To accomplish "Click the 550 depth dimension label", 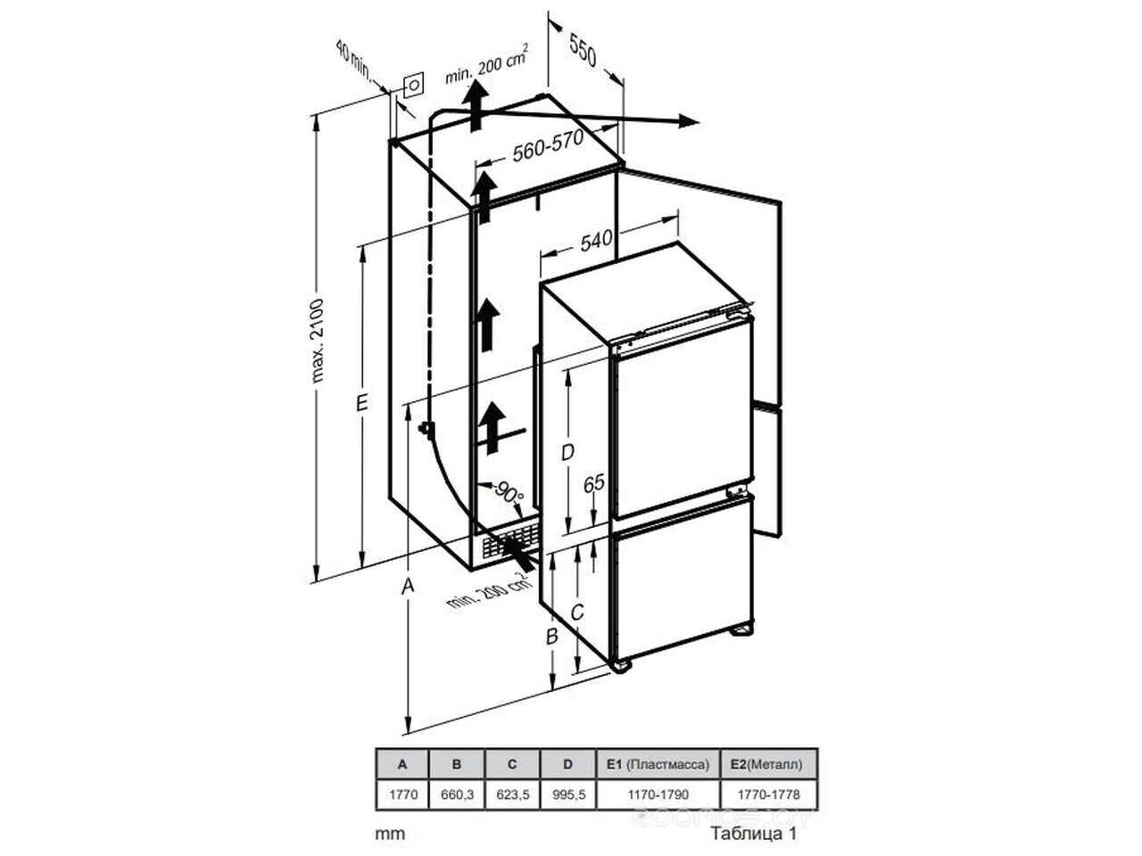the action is pyautogui.click(x=583, y=51).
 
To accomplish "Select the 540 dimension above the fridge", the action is pyautogui.click(x=596, y=241).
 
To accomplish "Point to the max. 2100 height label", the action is pyautogui.click(x=317, y=341).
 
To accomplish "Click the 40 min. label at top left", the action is pyautogui.click(x=353, y=60).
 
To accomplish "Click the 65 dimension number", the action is pyautogui.click(x=593, y=483).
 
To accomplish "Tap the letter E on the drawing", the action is pyautogui.click(x=361, y=403).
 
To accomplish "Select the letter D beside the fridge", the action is pyautogui.click(x=567, y=452).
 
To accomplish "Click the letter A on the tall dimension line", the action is pyautogui.click(x=408, y=586).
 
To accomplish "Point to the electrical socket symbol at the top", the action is pyautogui.click(x=414, y=85).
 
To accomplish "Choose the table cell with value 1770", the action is pyautogui.click(x=403, y=794).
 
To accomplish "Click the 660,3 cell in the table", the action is pyautogui.click(x=457, y=794).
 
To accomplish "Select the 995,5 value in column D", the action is pyautogui.click(x=569, y=794).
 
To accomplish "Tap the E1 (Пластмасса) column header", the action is pyautogui.click(x=658, y=764).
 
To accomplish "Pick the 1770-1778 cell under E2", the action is pyautogui.click(x=768, y=794).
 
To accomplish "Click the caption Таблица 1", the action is pyautogui.click(x=753, y=835).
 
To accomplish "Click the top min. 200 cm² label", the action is pyautogui.click(x=486, y=64).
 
